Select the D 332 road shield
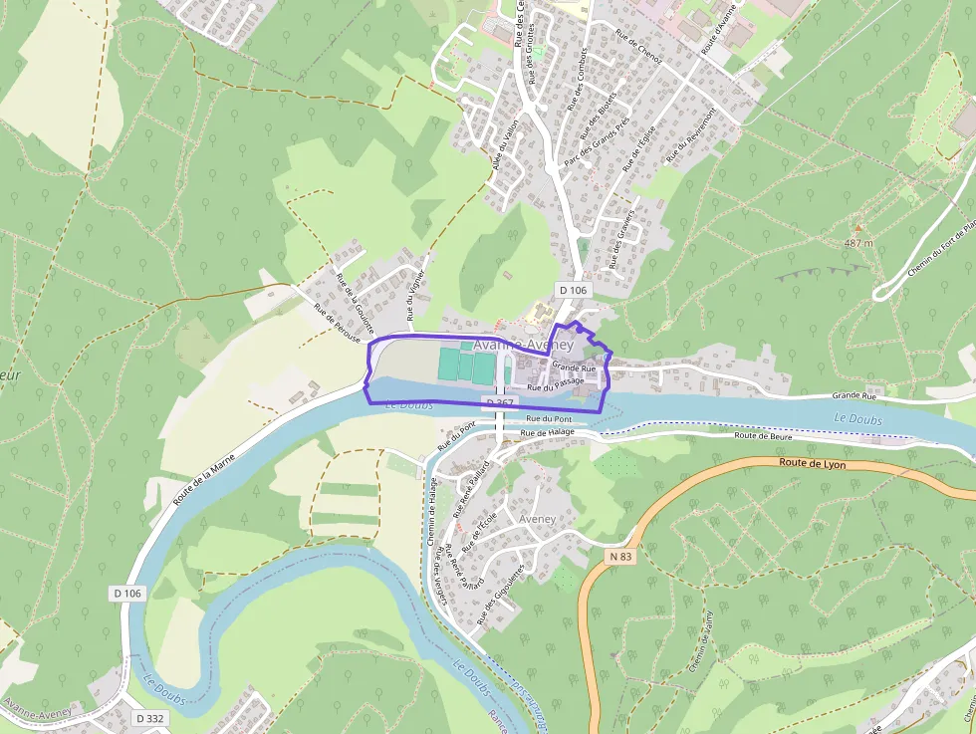(x=150, y=718)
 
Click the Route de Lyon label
(x=812, y=463)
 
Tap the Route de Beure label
(x=762, y=436)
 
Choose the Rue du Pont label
(x=548, y=419)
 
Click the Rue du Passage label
(x=555, y=382)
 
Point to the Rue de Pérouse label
(x=337, y=324)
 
